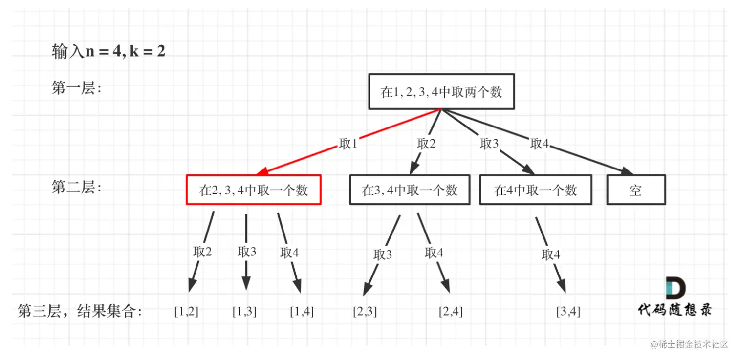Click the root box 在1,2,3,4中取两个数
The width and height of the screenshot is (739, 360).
[441, 91]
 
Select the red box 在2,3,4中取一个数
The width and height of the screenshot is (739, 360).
[253, 190]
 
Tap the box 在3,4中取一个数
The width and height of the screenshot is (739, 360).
[409, 190]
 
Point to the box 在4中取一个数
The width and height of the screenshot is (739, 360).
[536, 190]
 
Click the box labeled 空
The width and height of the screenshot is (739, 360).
[635, 190]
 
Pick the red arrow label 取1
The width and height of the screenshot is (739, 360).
[348, 144]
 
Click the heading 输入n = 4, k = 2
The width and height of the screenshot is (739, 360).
[109, 51]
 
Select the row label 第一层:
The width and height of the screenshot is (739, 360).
[76, 88]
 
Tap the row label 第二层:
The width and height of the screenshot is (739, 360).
[76, 187]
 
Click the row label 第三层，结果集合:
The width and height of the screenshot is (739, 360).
[80, 311]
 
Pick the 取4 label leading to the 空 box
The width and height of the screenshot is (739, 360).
[540, 144]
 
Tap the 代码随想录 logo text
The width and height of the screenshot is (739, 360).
[675, 309]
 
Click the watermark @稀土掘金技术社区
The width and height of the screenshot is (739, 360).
[689, 344]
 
